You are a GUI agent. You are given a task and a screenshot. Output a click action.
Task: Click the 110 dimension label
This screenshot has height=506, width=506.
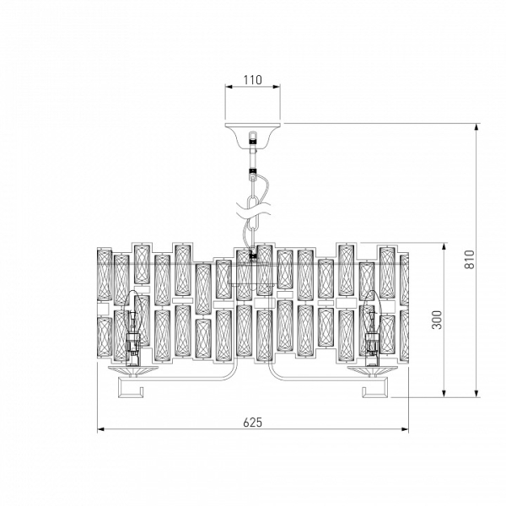(x=252, y=80)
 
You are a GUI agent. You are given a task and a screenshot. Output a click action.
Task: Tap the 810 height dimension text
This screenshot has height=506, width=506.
(x=470, y=260)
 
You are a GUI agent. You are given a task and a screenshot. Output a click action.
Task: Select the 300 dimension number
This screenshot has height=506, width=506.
(x=437, y=320)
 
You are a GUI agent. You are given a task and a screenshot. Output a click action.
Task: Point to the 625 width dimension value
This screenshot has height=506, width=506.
(x=253, y=423)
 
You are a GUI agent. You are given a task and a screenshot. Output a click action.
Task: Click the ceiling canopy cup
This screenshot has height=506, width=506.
(x=253, y=136)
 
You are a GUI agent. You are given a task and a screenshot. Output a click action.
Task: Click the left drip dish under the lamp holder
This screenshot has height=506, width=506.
(x=133, y=370)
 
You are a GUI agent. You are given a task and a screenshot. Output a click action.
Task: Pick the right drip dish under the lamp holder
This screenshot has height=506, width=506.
(x=373, y=370)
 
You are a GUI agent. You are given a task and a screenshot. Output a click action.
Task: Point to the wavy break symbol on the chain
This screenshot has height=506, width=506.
(x=253, y=209)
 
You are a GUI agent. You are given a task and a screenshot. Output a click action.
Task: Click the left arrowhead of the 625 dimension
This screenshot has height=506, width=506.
(x=101, y=429)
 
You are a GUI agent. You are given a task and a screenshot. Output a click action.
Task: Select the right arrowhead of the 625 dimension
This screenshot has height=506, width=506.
(x=405, y=429)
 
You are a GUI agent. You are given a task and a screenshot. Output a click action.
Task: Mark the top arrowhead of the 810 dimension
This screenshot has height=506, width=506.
(x=476, y=127)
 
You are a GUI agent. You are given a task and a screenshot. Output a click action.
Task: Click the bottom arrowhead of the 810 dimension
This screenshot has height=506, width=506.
(x=476, y=393)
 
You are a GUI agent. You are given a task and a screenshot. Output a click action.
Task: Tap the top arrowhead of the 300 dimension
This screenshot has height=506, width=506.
(x=444, y=246)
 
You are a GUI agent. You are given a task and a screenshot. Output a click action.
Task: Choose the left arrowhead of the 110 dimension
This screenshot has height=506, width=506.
(x=229, y=87)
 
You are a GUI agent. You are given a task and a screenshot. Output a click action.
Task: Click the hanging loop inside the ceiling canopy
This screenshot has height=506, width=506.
(x=253, y=137)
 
